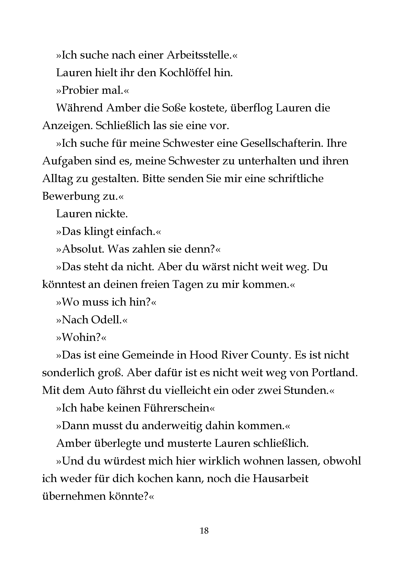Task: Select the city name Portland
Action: pos(334,373)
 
